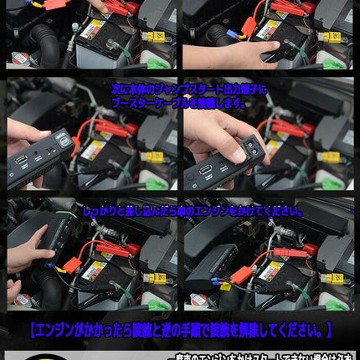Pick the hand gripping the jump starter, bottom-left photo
pos(29,249)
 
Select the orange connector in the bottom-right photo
pos(244,273)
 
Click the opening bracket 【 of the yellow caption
pos(33,329)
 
